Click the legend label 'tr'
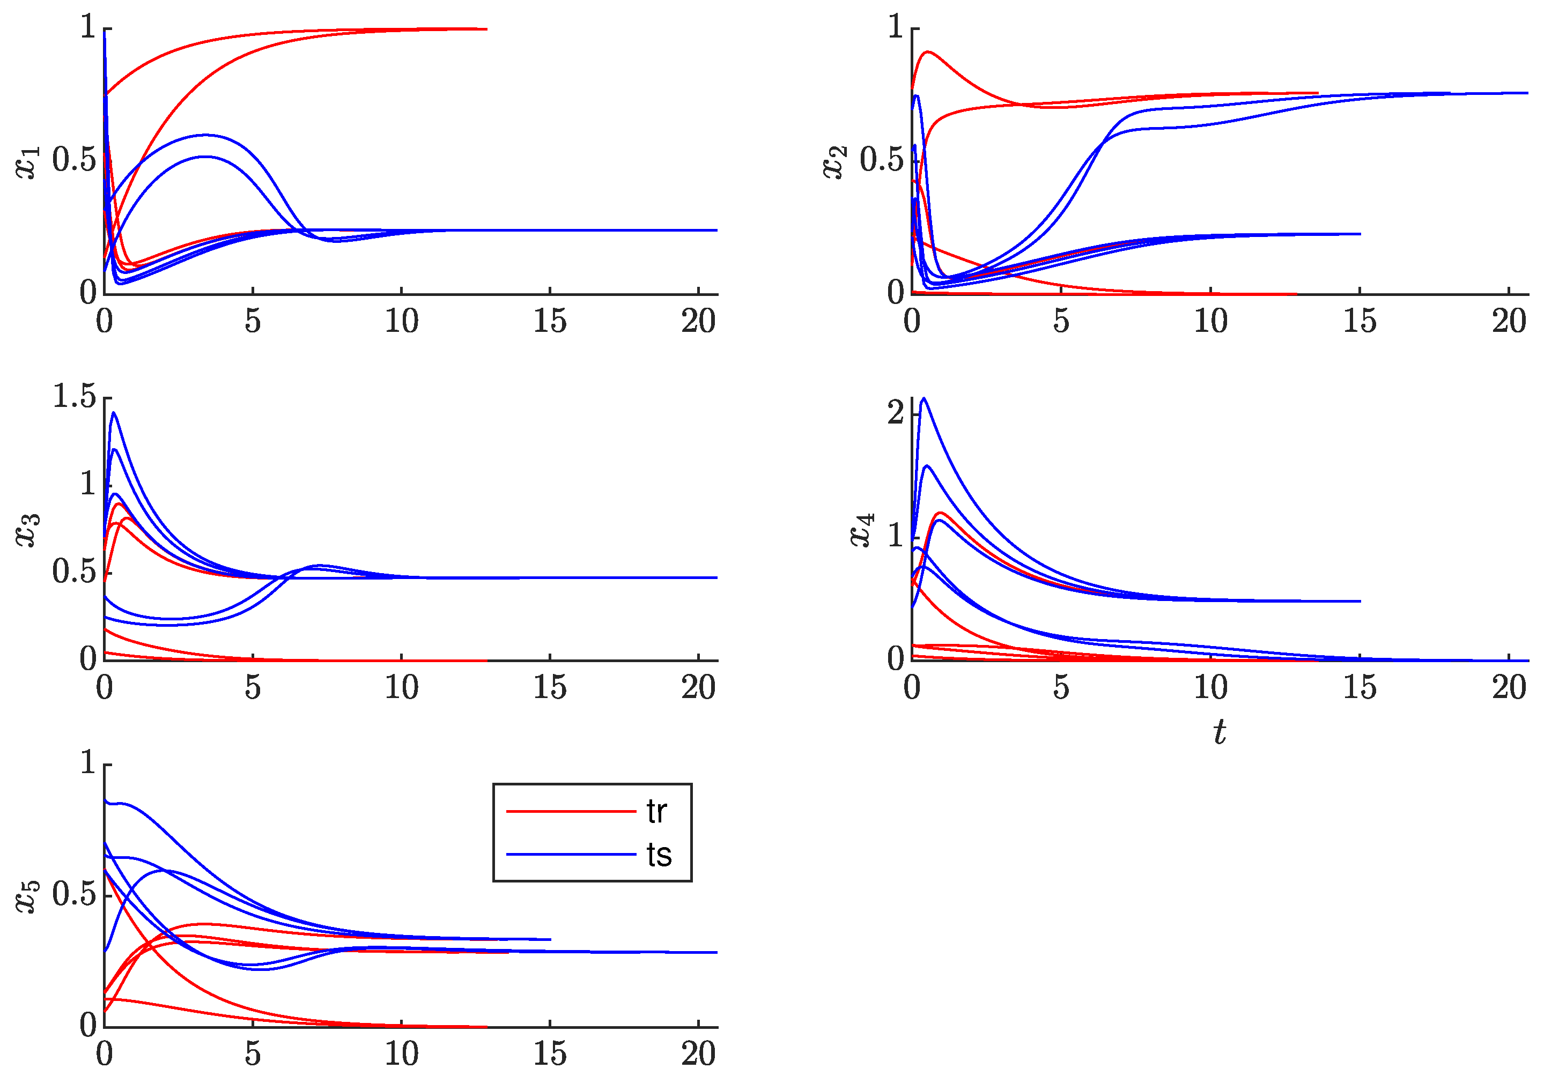tap(656, 812)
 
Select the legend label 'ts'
tap(659, 855)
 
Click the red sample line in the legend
tap(571, 812)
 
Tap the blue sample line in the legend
tap(571, 855)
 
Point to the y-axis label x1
tap(28, 162)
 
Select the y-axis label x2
tap(835, 162)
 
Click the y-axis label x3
tap(28, 530)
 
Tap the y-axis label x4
tap(862, 530)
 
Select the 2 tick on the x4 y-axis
tap(895, 413)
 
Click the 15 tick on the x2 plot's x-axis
tap(1359, 321)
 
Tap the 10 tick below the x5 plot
tap(402, 1054)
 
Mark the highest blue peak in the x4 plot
tap(924, 399)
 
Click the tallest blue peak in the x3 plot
tap(114, 413)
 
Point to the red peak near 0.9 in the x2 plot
tap(929, 52)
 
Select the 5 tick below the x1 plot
tap(252, 321)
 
